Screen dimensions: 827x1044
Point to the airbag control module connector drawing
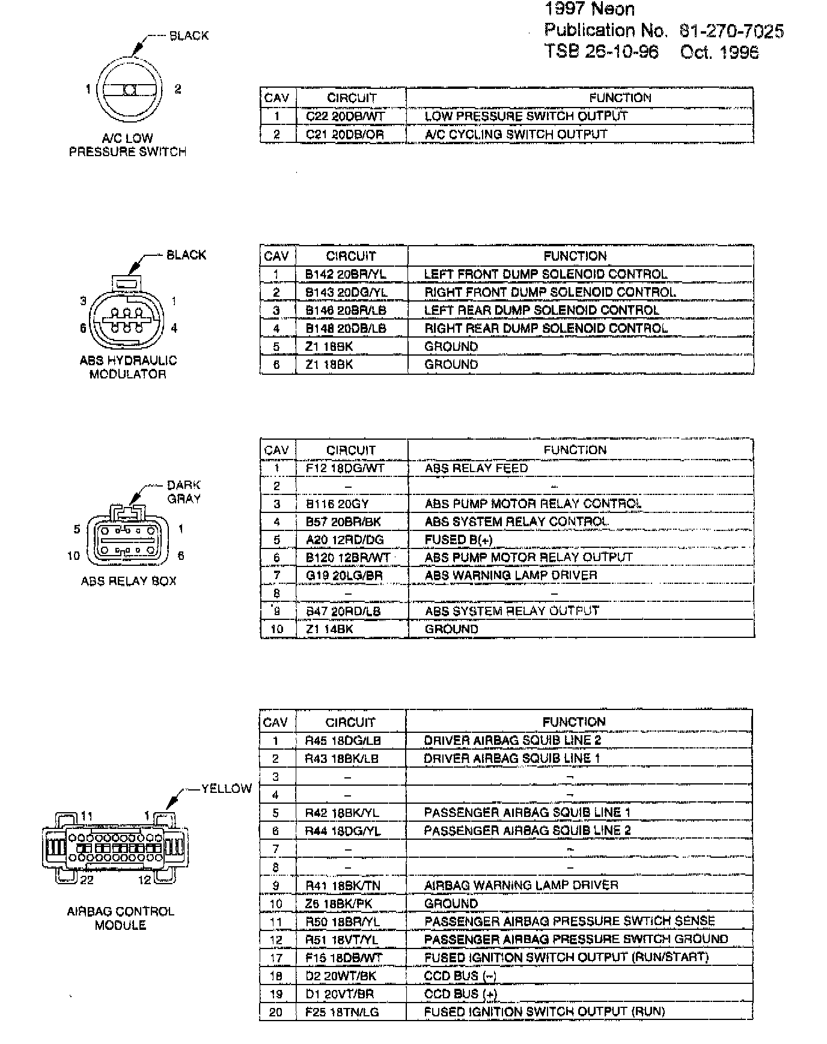(x=115, y=848)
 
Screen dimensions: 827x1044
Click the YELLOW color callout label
(x=226, y=789)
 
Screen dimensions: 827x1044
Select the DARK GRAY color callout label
(x=184, y=491)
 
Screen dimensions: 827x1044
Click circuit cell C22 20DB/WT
(x=344, y=117)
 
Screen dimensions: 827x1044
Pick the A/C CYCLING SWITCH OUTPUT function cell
(x=516, y=135)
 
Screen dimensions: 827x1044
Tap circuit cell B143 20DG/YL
(x=346, y=293)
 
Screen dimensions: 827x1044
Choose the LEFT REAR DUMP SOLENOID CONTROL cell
(x=542, y=311)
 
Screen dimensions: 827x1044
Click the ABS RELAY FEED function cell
(x=476, y=469)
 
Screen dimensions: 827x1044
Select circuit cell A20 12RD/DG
(x=344, y=540)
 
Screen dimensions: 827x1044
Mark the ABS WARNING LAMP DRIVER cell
(x=511, y=575)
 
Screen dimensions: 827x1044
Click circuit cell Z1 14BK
(x=329, y=630)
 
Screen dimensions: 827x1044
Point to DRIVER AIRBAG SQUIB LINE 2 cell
(x=512, y=741)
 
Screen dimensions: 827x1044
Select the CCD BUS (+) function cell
(x=460, y=994)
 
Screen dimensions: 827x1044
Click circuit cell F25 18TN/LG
(x=342, y=1012)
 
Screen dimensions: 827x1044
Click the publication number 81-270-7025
(x=731, y=31)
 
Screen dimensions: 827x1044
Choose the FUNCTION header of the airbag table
(x=574, y=722)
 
